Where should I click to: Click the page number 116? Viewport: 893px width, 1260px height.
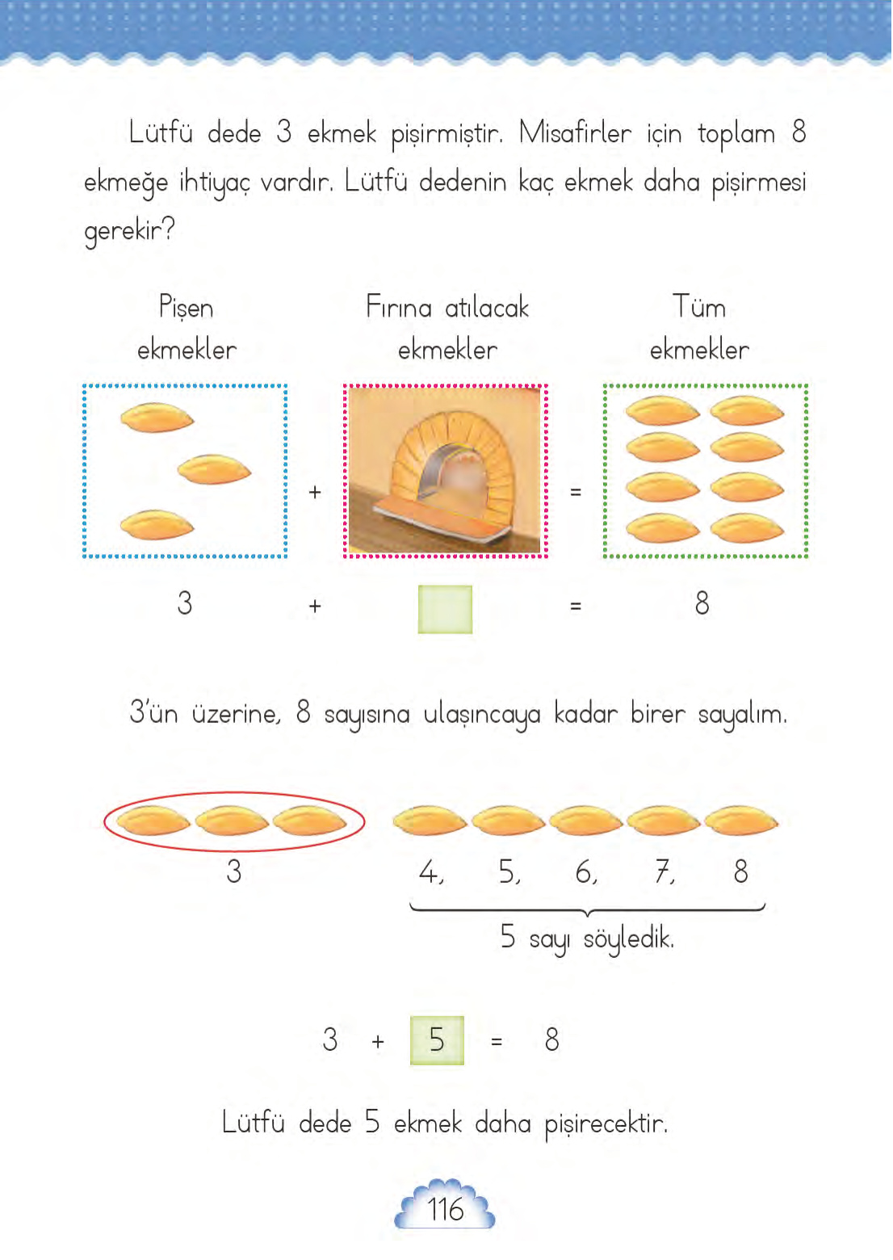(x=445, y=1209)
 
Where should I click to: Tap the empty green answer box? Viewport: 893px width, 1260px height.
(x=445, y=609)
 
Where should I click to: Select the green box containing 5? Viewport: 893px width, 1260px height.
(x=437, y=1039)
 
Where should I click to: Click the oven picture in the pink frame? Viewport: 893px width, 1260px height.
(x=445, y=471)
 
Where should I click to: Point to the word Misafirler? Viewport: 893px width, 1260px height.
(x=575, y=133)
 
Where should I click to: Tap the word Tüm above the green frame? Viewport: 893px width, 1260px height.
(x=699, y=308)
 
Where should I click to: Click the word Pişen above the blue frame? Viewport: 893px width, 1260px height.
(x=187, y=309)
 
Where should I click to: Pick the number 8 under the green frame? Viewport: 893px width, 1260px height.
(x=702, y=603)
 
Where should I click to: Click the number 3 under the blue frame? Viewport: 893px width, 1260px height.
(x=185, y=603)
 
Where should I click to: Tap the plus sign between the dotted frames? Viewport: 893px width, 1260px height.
(x=315, y=492)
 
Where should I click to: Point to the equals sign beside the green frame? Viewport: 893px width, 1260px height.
(x=576, y=492)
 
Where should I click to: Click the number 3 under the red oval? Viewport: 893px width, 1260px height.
(x=234, y=871)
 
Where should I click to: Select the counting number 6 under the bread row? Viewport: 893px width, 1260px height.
(x=584, y=871)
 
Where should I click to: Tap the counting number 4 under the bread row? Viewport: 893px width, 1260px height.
(x=428, y=871)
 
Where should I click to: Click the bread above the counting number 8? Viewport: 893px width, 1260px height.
(x=740, y=821)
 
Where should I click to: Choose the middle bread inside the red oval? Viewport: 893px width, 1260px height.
(x=233, y=821)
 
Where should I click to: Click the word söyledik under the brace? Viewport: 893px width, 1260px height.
(x=628, y=939)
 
